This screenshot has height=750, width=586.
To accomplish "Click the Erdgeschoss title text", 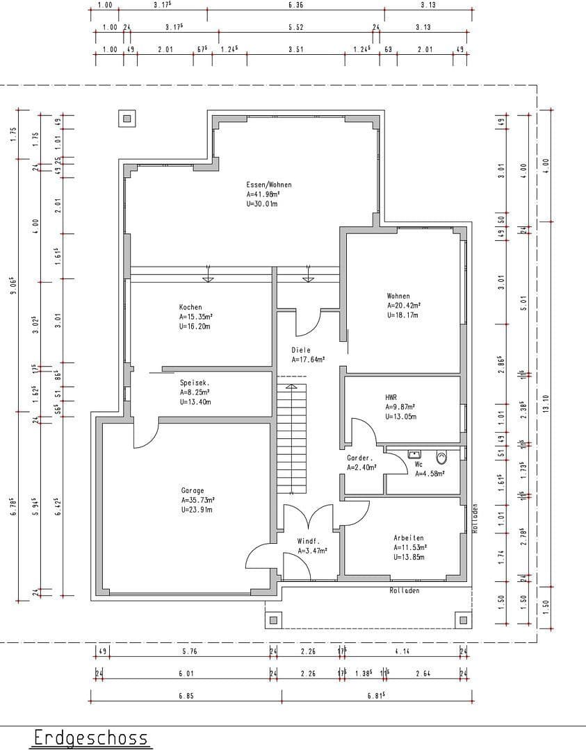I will coord(91,737).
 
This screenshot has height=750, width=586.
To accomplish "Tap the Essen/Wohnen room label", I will coord(268,185).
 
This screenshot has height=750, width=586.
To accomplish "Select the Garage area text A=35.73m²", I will coord(197,500).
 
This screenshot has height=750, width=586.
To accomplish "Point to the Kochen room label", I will coord(190,307).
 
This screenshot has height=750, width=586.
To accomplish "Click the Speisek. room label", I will coord(195,383).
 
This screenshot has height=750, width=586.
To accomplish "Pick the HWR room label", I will coord(391,397).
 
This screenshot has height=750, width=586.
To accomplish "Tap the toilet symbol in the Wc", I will coord(441,458).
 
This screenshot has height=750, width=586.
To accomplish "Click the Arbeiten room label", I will coord(408,537).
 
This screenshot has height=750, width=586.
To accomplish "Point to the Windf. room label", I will coord(308,541).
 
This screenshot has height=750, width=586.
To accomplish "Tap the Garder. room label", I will coord(360,458).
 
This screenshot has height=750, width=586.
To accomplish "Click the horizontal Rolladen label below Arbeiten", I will coord(405,591).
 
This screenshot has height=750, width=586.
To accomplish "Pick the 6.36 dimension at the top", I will coord(295,5).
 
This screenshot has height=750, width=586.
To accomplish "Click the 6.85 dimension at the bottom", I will coord(186,696).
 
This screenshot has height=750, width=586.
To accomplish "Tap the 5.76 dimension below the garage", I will coord(189,651).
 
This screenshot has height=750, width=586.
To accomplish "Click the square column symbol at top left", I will coord(127,119).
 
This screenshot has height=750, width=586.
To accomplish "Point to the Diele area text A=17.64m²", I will coord(308,360).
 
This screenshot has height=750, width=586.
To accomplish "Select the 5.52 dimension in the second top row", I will coord(296,27).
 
